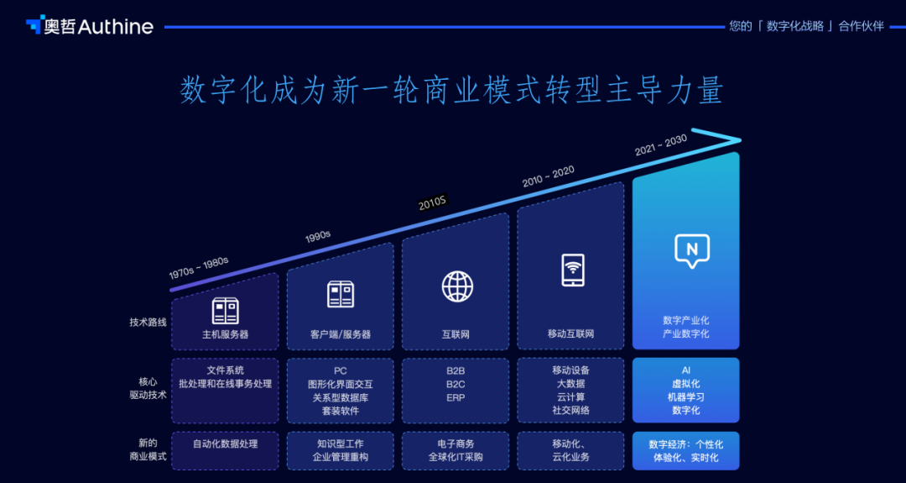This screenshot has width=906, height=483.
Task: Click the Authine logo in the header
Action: click(89, 26)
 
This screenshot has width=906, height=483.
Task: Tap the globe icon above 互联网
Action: click(457, 286)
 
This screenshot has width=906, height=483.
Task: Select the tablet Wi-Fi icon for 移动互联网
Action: click(572, 270)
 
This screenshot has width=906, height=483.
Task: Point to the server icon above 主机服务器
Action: click(225, 310)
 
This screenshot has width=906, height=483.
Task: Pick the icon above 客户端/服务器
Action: click(341, 294)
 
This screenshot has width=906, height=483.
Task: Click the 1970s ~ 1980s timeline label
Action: click(199, 267)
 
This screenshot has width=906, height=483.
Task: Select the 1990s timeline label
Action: click(318, 237)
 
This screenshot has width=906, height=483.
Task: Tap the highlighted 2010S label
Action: click(433, 202)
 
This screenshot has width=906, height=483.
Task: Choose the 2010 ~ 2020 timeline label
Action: click(548, 176)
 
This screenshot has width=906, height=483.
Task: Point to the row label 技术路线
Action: click(148, 322)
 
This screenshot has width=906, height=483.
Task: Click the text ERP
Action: click(456, 397)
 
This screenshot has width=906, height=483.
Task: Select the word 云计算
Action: click(571, 397)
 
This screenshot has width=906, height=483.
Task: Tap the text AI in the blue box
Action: click(685, 370)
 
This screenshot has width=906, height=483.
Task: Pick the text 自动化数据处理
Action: click(225, 444)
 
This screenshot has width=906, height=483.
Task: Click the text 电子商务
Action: click(456, 444)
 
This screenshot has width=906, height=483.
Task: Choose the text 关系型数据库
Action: click(340, 397)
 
